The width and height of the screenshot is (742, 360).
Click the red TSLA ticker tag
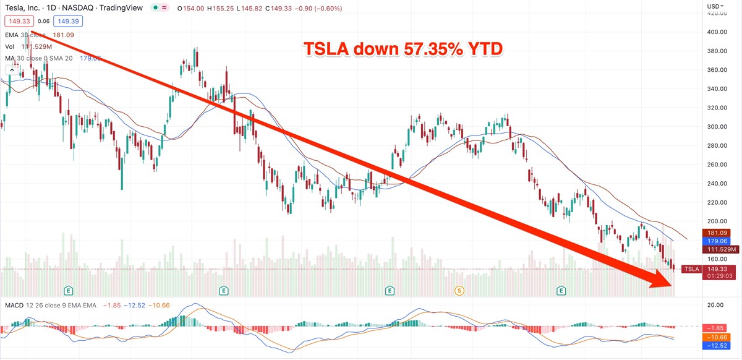[x=691, y=269]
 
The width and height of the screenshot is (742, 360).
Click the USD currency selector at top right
[x=715, y=6]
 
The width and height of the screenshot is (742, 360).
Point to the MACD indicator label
[x=15, y=305]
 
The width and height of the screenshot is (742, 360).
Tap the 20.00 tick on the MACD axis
[x=715, y=306]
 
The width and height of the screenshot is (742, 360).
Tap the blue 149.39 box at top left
[x=68, y=21]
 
